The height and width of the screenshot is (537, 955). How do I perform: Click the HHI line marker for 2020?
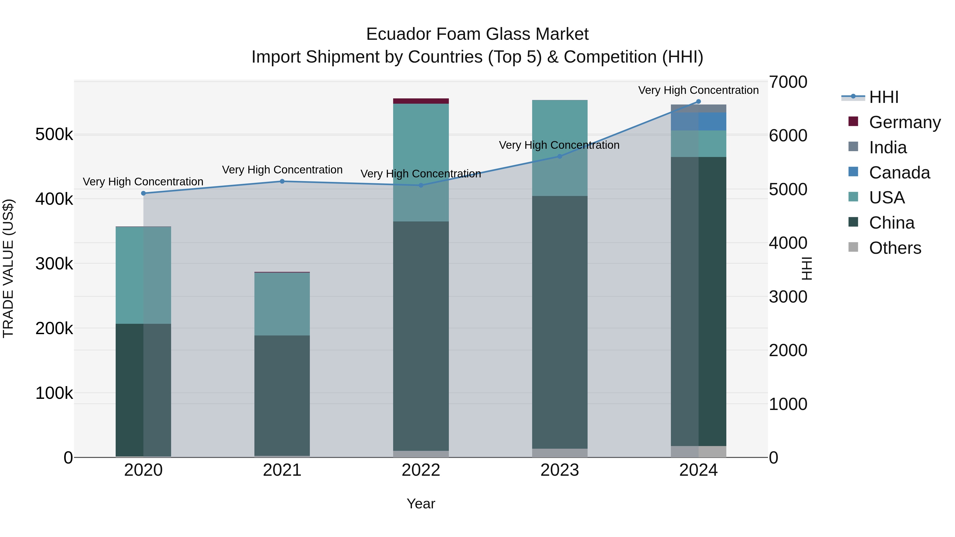point(144,193)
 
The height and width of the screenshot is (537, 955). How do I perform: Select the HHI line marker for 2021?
point(282,181)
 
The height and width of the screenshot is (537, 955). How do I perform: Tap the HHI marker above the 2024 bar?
point(698,102)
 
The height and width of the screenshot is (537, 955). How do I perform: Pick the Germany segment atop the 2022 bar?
point(421,101)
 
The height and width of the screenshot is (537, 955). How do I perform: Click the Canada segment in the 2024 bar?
point(698,121)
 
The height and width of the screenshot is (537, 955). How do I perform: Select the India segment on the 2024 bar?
point(698,108)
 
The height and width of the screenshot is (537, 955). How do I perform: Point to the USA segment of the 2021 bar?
point(282,304)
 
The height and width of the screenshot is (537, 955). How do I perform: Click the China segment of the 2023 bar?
point(560,322)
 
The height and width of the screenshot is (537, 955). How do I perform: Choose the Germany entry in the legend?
point(905,122)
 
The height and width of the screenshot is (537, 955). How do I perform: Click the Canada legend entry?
point(899,173)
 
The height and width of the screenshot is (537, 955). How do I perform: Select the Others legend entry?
point(895,248)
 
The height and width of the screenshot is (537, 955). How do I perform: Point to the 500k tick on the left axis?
point(54,134)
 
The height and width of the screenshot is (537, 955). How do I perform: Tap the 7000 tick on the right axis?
point(788,82)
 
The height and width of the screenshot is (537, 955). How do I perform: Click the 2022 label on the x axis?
point(421,470)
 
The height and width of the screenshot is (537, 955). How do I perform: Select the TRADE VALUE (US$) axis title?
point(8,268)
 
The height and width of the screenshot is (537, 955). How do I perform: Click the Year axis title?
point(421,504)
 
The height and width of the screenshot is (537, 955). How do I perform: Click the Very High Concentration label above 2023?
point(559,145)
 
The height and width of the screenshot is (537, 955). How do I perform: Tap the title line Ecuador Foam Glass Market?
point(477,34)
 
